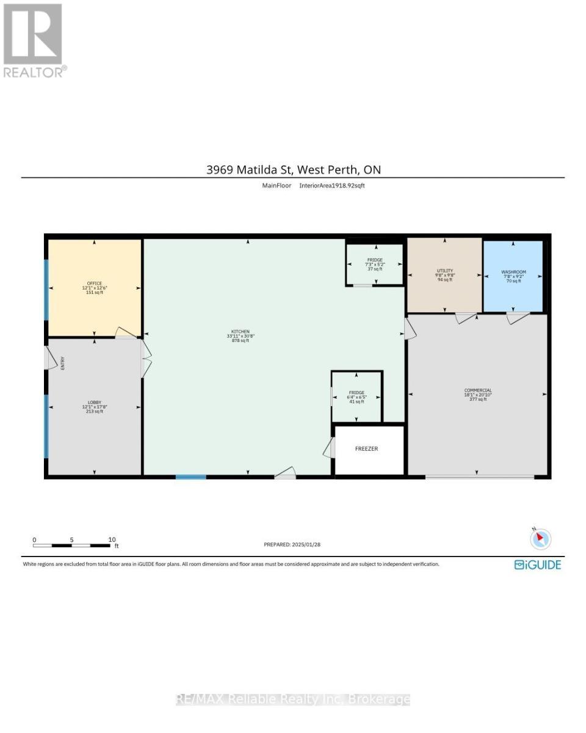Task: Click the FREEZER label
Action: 367,449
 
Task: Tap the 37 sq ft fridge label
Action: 374,264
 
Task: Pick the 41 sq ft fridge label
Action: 356,398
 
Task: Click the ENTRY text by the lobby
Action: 62,363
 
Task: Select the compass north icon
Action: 540,539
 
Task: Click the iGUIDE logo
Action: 537,565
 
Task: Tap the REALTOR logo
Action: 33,40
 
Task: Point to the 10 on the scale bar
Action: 112,539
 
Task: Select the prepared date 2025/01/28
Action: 292,544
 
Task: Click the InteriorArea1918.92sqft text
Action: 332,185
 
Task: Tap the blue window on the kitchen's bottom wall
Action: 191,476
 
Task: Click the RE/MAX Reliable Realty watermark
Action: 293,699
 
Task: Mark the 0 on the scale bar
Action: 34,539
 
